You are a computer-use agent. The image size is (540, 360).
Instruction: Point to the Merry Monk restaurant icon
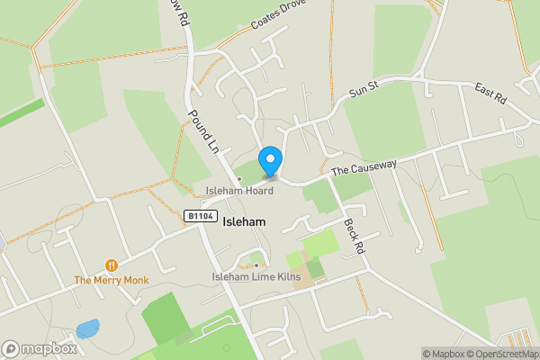click(112, 265)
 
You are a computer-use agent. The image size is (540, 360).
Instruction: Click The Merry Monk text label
click(112, 281)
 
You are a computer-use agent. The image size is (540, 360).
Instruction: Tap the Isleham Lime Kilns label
click(256, 276)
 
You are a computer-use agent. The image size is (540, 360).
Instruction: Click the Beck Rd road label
click(353, 234)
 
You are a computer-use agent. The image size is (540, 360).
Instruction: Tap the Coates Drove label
click(279, 16)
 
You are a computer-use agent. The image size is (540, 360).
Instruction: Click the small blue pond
click(87, 328)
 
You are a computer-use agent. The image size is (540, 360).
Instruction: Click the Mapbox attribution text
click(441, 354)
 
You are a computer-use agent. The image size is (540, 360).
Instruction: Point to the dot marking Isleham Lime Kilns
click(256, 265)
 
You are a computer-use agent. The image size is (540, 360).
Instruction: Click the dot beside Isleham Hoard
click(228, 178)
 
